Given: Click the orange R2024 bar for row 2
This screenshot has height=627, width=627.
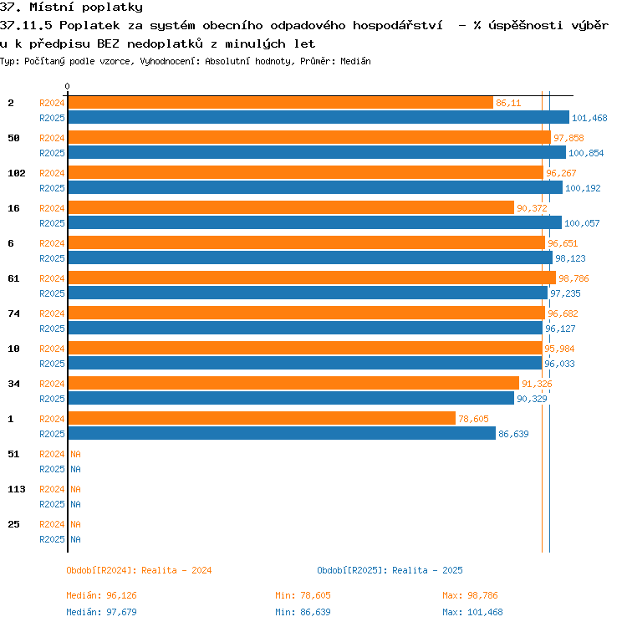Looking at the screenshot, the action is point(281,103).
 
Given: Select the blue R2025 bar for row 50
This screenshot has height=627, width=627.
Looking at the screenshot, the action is point(317,152).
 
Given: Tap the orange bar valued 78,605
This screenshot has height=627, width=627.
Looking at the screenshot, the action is point(262,418).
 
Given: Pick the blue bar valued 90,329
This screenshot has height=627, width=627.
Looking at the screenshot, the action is point(291,398).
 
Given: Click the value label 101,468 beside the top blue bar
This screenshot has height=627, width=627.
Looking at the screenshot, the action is point(589,118).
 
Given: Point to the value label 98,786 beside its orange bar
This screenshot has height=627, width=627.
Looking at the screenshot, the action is point(573,278).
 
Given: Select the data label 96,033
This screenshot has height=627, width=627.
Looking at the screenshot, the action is point(559,364).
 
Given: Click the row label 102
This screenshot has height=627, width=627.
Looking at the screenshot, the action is point(17,173).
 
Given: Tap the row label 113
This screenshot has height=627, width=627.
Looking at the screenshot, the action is point(17,489).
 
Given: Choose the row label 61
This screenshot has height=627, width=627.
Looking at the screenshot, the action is point(13,278).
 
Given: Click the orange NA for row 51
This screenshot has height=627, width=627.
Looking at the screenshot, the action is point(75,454).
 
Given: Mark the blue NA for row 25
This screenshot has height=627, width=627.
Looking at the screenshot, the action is point(75,539).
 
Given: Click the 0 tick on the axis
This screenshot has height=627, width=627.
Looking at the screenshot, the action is point(67,86).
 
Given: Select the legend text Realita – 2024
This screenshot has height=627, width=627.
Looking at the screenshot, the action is point(176,570).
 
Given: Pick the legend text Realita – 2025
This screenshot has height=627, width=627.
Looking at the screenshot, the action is point(427,570).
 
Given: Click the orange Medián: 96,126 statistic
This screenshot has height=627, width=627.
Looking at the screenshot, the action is point(101,595).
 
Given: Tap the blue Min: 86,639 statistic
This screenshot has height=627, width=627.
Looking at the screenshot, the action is point(303,612).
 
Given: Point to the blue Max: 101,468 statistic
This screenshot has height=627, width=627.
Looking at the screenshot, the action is point(472,612).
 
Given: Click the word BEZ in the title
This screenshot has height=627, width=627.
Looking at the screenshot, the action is point(108,43).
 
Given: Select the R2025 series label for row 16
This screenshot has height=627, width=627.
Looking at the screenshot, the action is point(52,223).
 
